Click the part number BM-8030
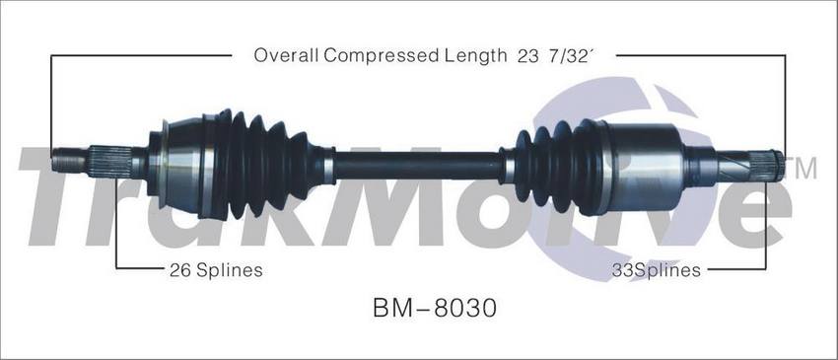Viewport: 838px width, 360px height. [x=435, y=308]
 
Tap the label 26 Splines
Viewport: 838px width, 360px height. [x=216, y=270]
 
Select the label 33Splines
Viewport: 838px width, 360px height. [x=656, y=270]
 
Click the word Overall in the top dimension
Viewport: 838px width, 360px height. [x=286, y=54]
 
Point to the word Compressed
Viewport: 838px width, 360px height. [x=382, y=55]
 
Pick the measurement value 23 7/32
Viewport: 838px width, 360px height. [x=553, y=55]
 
